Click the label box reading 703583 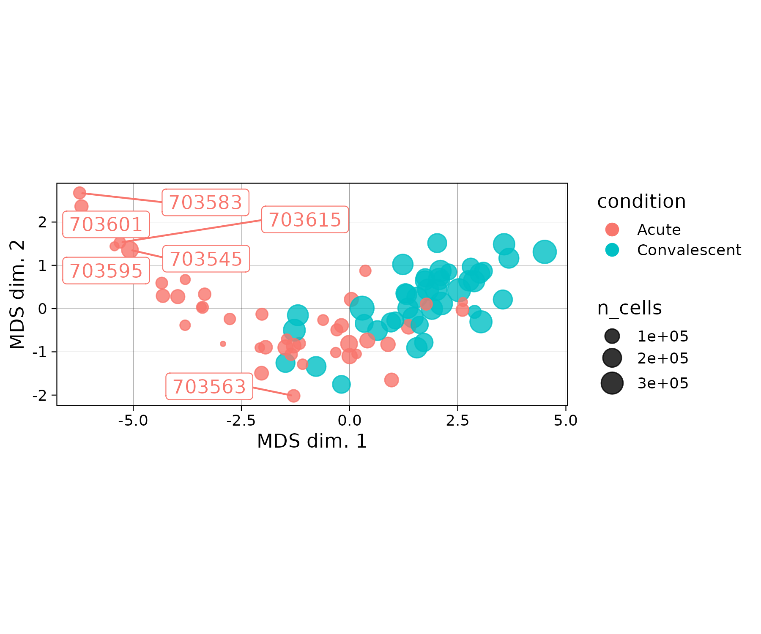tap(205, 202)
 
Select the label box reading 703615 tap(305, 219)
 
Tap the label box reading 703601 tap(106, 224)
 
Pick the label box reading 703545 tap(206, 259)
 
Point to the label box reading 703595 tap(106, 271)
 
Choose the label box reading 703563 tap(209, 386)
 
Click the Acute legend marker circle tap(612, 230)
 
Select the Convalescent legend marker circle tap(612, 250)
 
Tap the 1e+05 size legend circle tap(612, 336)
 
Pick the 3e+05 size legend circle tap(612, 383)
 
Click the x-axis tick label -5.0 tap(133, 421)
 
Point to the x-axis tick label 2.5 tap(457, 421)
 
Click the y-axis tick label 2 tap(43, 222)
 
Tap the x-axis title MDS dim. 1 tap(312, 441)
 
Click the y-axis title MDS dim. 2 tap(17, 295)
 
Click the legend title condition tap(641, 202)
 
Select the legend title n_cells tap(629, 308)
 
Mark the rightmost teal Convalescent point tap(544, 252)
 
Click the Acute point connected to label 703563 tap(293, 396)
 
